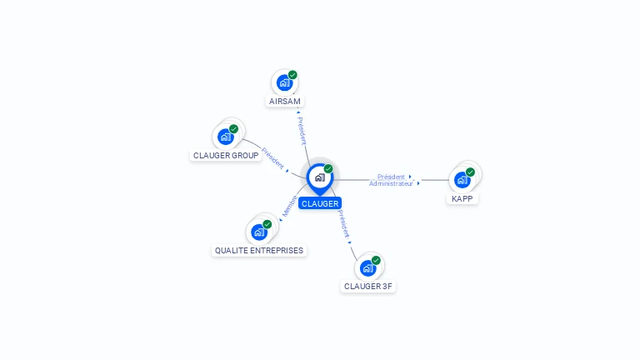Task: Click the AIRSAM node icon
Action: point(284,82)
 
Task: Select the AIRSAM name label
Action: point(285,102)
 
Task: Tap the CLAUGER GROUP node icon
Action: point(226,137)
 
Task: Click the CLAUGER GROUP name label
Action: point(226,156)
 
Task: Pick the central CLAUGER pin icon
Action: point(319,177)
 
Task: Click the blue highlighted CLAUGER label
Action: point(320,203)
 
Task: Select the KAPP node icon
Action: point(462,179)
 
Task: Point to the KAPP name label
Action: point(462,199)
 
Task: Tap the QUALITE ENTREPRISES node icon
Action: point(259,232)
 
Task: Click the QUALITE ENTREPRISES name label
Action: point(259,251)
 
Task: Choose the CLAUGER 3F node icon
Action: point(367,267)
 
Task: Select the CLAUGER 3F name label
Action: point(368,287)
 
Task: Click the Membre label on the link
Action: point(289,206)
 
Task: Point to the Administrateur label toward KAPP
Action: point(391,183)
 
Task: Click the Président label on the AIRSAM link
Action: point(302,130)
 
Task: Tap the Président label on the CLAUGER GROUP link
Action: point(272,157)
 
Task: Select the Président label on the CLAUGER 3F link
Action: point(343,224)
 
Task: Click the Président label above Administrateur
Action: point(391,177)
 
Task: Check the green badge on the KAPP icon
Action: point(471,172)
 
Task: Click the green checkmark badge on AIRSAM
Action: point(292,75)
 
